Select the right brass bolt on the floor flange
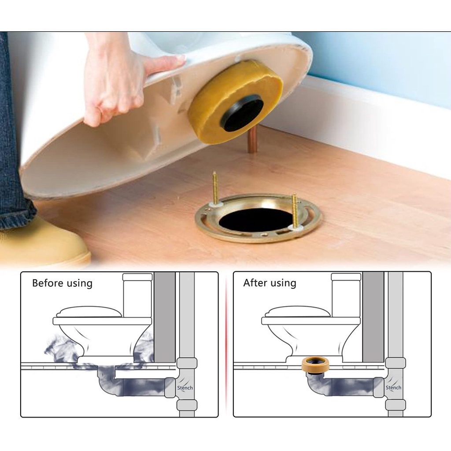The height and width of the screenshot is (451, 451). (x=294, y=211)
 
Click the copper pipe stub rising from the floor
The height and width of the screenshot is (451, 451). (x=253, y=140)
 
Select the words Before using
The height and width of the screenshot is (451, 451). (x=62, y=283)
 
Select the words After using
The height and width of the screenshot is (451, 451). (x=270, y=283)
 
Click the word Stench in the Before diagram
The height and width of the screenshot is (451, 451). (x=185, y=388)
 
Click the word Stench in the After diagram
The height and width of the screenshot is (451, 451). (x=393, y=388)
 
